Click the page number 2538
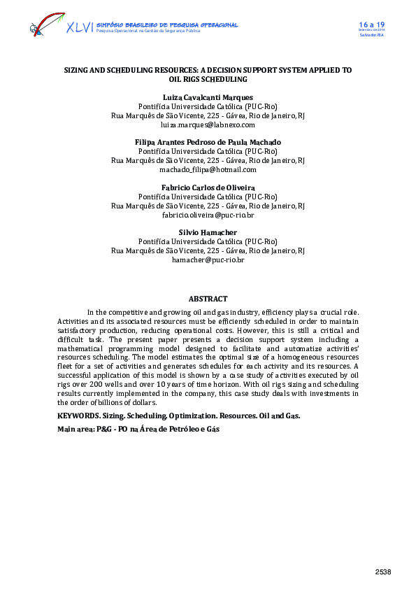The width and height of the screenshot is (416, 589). click(x=382, y=572)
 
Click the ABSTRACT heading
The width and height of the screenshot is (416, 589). click(x=208, y=299)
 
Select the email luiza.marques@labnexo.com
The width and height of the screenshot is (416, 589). click(x=208, y=125)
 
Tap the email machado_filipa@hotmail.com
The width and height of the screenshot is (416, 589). click(x=208, y=169)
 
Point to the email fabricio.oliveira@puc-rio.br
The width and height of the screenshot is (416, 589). click(x=208, y=215)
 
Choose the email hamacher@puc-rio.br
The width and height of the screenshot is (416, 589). click(x=208, y=260)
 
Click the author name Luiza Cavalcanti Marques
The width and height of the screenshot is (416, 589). click(x=208, y=97)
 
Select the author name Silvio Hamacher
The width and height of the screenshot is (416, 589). click(x=208, y=232)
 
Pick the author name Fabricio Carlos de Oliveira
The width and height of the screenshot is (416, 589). click(x=208, y=187)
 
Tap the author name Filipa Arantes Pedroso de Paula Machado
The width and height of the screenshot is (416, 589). click(x=208, y=142)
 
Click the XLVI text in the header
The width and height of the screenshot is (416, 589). click(x=79, y=27)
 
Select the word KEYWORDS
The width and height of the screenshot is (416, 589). click(x=78, y=416)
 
